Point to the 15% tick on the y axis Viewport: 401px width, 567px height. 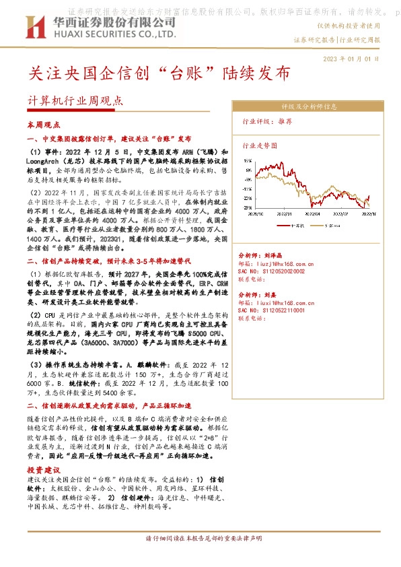[248, 162]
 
